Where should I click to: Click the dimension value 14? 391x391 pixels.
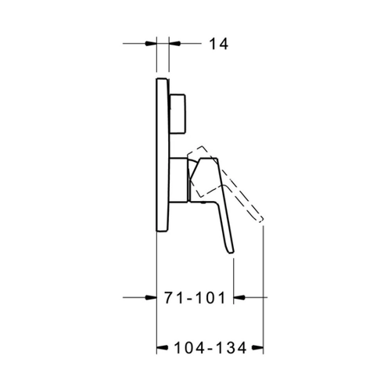tap(219, 44)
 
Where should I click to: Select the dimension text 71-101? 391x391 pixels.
tap(195, 298)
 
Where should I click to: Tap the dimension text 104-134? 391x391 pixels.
tap(210, 348)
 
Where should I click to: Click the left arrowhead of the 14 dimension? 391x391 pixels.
tap(151, 43)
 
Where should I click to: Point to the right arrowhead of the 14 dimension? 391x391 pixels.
tap(174, 43)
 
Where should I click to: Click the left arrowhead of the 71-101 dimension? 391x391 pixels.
tap(151, 297)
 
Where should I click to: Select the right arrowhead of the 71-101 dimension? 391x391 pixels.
tap(239, 297)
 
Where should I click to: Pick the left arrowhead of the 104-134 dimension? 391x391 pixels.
tap(162, 347)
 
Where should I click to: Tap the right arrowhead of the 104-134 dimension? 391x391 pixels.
tap(257, 347)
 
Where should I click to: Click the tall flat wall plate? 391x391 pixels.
tap(163, 155)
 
